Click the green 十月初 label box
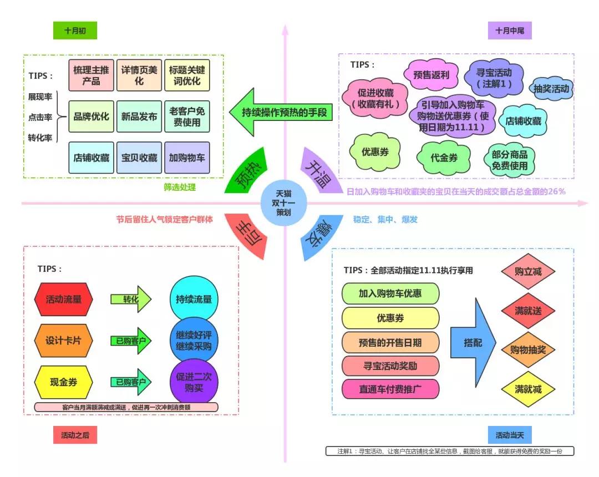75,31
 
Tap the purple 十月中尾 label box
510,31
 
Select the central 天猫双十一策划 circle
284,203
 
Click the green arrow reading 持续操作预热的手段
281,112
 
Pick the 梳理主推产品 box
92,75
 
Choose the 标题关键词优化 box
187,75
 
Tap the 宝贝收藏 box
139,158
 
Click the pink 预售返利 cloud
432,75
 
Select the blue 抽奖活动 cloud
551,89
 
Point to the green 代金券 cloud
444,158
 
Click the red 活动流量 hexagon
63,300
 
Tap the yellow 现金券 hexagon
63,382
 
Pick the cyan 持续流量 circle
194,299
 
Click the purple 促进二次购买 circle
194,382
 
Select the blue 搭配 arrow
473,343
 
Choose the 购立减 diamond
528,272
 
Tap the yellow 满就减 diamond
528,389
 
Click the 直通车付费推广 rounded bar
390,389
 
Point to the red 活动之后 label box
75,435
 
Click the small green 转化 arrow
131,299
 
